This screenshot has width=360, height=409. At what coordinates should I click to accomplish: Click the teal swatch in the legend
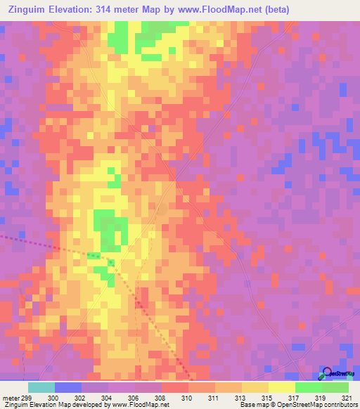click(x=41, y=387)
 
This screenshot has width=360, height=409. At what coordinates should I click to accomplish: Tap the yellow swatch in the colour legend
click(x=281, y=387)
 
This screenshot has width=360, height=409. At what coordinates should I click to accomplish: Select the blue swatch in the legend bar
click(x=67, y=387)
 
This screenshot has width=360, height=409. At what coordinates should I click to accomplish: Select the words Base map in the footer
click(x=251, y=405)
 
